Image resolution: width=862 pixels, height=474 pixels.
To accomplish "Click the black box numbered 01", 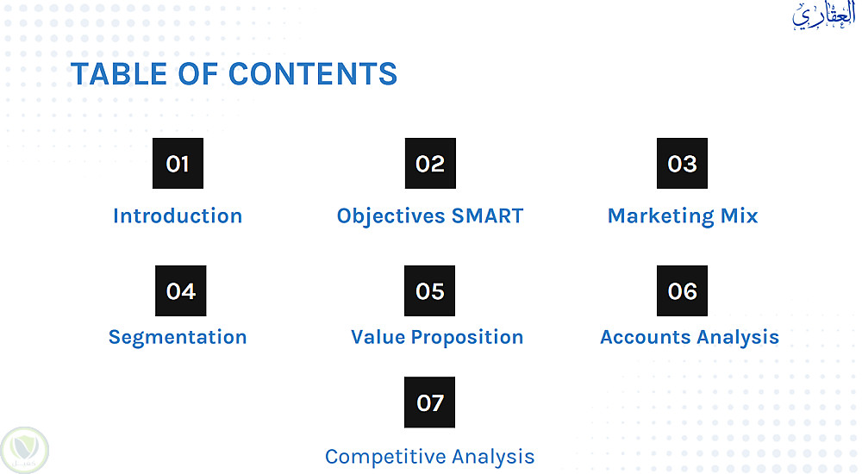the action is (178, 164).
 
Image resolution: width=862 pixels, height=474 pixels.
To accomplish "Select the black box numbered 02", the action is (430, 164).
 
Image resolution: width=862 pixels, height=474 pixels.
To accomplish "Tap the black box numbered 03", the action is (682, 164).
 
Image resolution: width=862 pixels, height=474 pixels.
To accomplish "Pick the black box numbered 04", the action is (180, 291).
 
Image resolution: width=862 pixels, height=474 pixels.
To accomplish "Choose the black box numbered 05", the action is (429, 291).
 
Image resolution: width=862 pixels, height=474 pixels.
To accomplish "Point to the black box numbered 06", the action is (682, 291).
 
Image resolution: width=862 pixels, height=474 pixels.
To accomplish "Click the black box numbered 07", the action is (429, 402).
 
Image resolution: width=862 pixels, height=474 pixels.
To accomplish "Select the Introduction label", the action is (178, 216).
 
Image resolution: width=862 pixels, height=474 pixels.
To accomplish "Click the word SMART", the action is (487, 216).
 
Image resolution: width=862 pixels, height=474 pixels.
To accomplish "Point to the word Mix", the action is (739, 216).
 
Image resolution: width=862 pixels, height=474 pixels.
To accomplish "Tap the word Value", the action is (378, 337).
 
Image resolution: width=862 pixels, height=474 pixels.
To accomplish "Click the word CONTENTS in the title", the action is (312, 74).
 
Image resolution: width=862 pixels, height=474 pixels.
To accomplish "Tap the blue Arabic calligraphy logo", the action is (823, 16).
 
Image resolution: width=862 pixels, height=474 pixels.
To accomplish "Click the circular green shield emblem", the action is (25, 451).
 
